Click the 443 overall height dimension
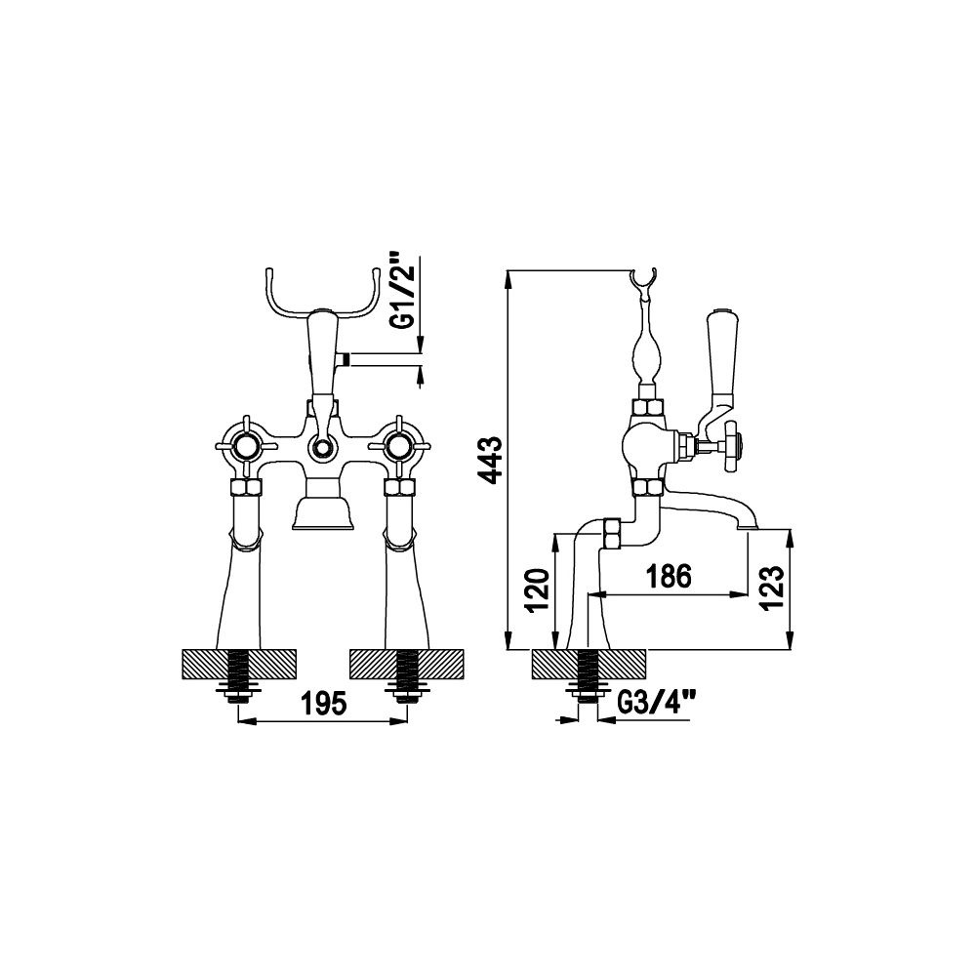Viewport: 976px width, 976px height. point(492,460)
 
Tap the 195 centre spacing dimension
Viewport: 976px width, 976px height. point(323,704)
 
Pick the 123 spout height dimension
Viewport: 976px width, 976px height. point(771,588)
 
